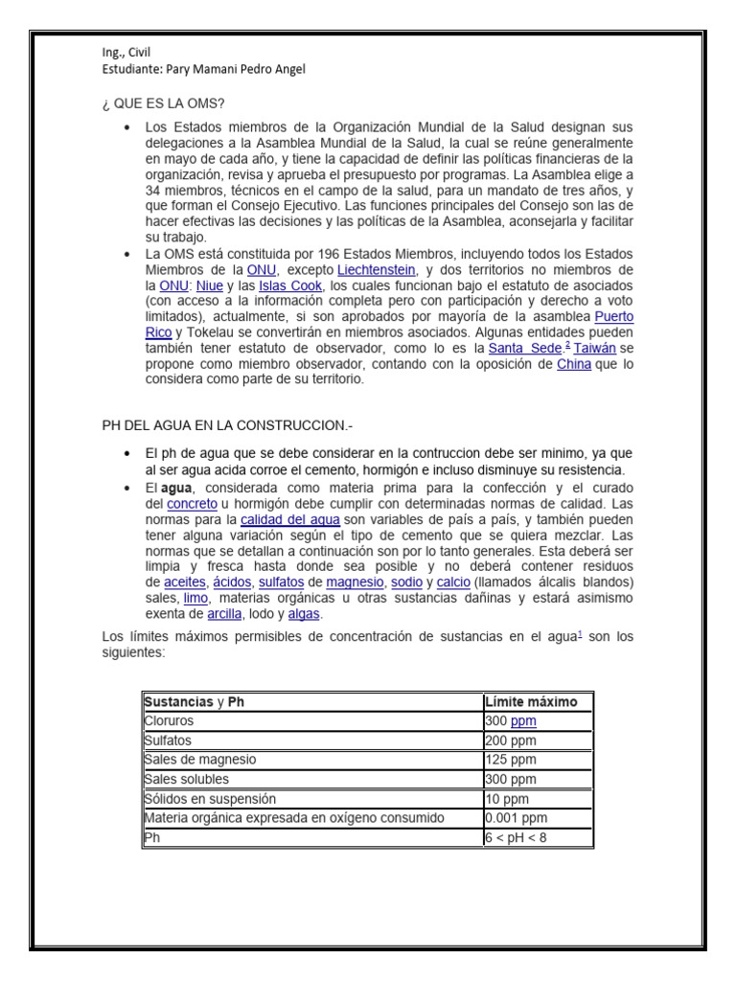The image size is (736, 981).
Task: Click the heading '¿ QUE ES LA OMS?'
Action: [x=163, y=103]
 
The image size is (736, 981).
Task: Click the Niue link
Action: [x=209, y=285]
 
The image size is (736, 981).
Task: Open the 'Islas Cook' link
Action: [x=290, y=285]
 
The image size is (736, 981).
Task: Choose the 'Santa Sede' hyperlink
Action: [x=523, y=348]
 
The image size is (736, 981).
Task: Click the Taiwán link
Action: [x=594, y=348]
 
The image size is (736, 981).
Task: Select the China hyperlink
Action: [x=574, y=364]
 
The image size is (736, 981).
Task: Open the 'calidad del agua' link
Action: [x=289, y=519]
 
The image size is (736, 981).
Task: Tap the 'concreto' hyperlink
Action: [x=192, y=504]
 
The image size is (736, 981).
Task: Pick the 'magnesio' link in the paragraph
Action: [x=354, y=582]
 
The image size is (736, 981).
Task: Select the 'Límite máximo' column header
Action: [x=531, y=701]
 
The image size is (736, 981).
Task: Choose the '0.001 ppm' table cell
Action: [x=517, y=818]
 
